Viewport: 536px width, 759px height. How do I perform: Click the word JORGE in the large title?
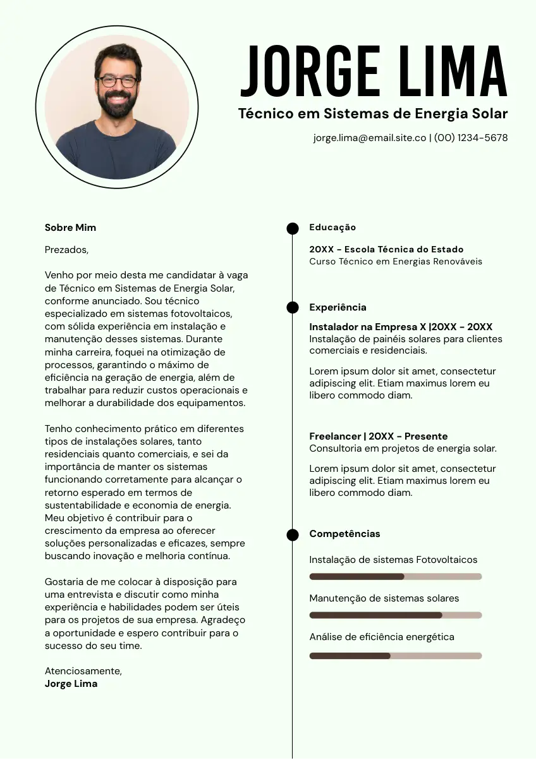[310, 71]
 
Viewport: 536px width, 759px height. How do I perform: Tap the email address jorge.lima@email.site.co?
[370, 138]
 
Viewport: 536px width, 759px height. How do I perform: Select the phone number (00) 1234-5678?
[471, 138]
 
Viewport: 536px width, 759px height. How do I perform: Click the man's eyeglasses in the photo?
[118, 81]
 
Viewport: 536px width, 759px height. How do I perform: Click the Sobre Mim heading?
[70, 228]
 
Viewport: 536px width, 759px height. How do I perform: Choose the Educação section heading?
[332, 228]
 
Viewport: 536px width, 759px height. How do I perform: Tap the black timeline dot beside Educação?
[293, 228]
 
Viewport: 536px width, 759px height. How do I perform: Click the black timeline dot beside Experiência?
[293, 307]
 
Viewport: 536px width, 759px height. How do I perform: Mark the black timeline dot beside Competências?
[293, 535]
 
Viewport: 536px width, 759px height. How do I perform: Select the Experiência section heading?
[338, 307]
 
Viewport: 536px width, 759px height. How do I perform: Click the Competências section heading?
[344, 534]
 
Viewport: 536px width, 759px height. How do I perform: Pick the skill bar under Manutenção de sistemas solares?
[395, 615]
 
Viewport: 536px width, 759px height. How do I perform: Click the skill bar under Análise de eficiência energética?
[395, 656]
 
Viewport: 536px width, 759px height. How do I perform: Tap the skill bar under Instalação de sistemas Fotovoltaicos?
[395, 576]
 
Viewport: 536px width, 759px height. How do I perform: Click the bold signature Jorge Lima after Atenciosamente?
[71, 684]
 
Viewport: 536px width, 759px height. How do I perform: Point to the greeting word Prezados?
[66, 250]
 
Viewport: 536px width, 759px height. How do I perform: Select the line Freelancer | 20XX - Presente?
[378, 436]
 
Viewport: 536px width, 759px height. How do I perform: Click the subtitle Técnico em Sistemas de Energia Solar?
[373, 114]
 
